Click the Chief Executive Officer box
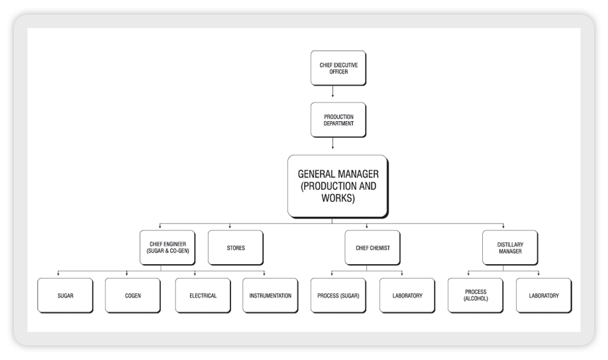coord(332,68)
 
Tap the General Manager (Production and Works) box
coord(337,186)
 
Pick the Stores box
coord(235,247)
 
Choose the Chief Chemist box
coord(366,247)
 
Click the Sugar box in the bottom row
coord(65,295)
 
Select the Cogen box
coord(132,295)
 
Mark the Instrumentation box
coord(270,295)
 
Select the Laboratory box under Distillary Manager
coord(544,295)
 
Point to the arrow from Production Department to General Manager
coord(332,144)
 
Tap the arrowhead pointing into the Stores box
coord(229,227)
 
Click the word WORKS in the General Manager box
coord(338,197)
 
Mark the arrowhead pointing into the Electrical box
coord(195,274)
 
